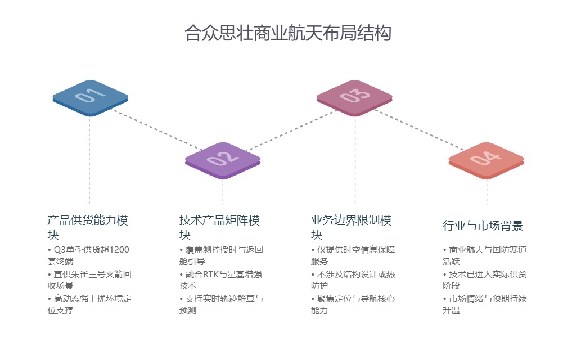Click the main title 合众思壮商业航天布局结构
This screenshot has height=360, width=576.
[x=287, y=33]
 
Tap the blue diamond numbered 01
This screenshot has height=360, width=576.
[x=90, y=96]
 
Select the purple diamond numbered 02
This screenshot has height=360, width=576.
[x=223, y=159]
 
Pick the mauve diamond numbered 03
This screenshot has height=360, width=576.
[x=354, y=96]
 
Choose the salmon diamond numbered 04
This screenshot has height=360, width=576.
[x=486, y=159]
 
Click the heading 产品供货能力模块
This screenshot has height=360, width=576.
[x=91, y=227]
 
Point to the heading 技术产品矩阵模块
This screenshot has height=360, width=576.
[x=219, y=227]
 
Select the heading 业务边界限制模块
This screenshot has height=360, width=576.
[x=351, y=227]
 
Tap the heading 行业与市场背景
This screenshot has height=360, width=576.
[x=483, y=226]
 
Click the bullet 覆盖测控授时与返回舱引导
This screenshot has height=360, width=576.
[x=221, y=255]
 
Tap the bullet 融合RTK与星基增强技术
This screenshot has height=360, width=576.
[x=221, y=280]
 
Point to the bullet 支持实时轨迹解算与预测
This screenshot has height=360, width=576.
[x=221, y=304]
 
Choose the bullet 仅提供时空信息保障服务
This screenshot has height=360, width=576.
[x=353, y=255]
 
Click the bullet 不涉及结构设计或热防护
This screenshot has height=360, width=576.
[x=353, y=280]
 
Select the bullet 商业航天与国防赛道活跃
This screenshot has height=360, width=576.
[x=484, y=255]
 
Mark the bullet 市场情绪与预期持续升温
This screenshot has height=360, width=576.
[x=484, y=304]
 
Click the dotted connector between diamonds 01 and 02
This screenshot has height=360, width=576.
[x=155, y=129]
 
